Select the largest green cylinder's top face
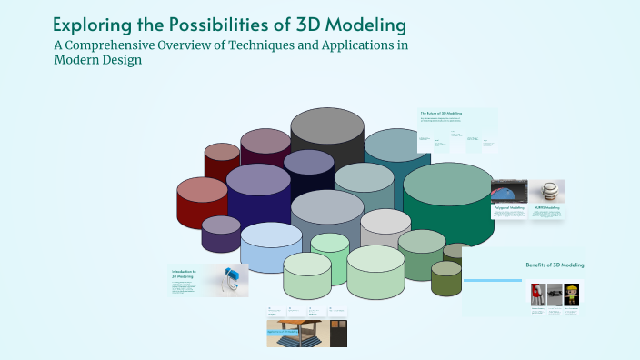pyautogui.click(x=448, y=184)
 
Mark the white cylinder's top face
pyautogui.click(x=385, y=222)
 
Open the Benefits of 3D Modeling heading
pyautogui.click(x=555, y=265)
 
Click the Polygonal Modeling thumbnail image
pyautogui.click(x=508, y=192)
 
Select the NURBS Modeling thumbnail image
pyautogui.click(x=547, y=191)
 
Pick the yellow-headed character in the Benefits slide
pyautogui.click(x=570, y=295)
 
